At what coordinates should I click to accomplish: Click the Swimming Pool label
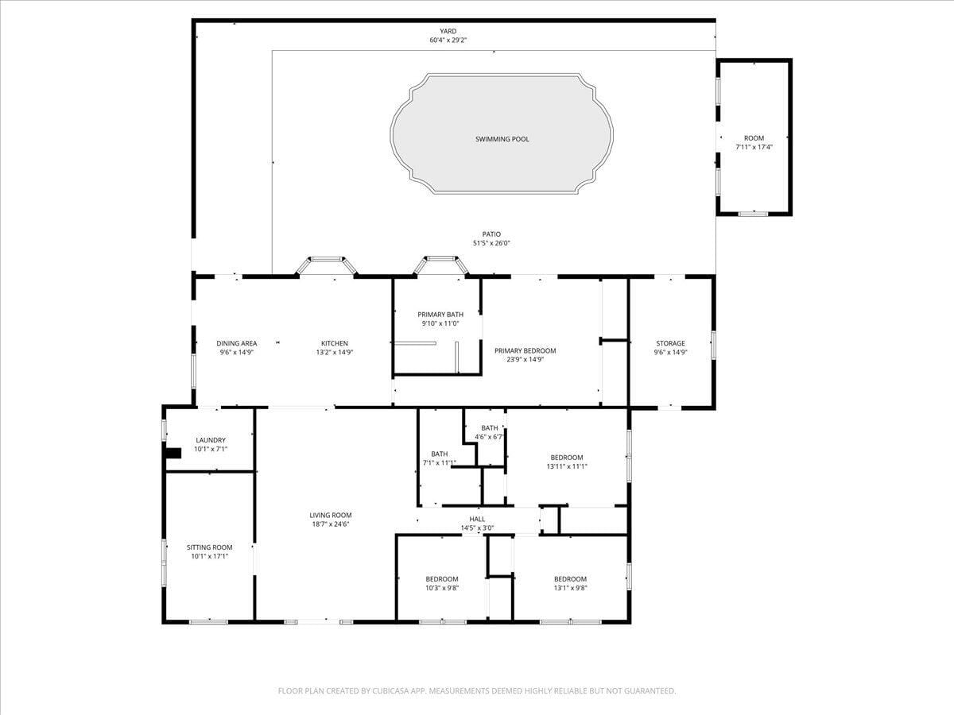502,139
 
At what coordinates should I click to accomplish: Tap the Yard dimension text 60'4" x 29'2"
448,41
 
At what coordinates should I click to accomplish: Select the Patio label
491,234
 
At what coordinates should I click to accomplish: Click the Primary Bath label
440,315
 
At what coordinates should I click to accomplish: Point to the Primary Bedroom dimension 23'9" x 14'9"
525,359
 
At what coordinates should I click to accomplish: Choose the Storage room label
670,343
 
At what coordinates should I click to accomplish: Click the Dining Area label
236,343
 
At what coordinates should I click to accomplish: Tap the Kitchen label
334,343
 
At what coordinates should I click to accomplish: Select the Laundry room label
211,440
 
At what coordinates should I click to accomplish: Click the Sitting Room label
210,547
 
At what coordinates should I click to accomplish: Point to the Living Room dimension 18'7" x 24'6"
330,524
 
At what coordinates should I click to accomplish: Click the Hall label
477,520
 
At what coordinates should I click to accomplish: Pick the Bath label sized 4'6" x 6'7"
490,428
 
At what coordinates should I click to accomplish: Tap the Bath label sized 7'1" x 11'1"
440,454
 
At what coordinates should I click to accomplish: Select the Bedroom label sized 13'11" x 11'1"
567,458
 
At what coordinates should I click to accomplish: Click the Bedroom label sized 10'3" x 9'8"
441,579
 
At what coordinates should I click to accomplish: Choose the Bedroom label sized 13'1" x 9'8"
570,579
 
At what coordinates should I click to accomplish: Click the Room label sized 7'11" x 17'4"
754,138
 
